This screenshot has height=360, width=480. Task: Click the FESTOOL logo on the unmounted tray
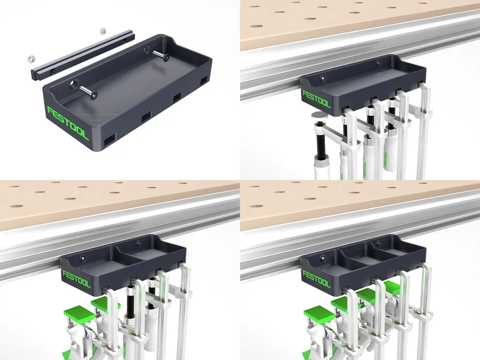pyautogui.click(x=68, y=123)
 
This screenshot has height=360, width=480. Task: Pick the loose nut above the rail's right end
pyautogui.click(x=102, y=32)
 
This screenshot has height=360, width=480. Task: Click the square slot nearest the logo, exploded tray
pyautogui.click(x=110, y=139)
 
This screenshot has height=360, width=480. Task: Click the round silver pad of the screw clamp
pyautogui.click(x=318, y=115)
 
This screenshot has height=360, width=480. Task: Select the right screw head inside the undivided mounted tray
pyautogui.click(x=379, y=62)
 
